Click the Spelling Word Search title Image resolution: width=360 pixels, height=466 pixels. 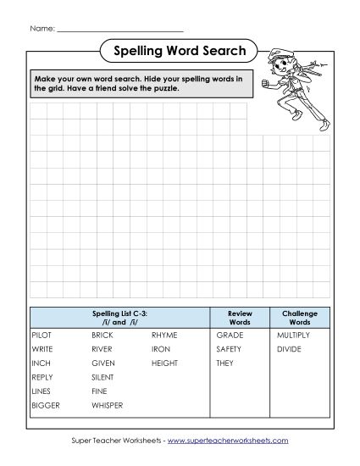click(x=179, y=52)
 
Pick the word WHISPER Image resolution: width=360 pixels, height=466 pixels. click(x=108, y=406)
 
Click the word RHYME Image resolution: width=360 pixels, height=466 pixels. click(x=164, y=336)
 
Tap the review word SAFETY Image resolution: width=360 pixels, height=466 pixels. click(x=229, y=349)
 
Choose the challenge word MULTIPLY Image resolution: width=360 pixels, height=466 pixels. click(x=293, y=336)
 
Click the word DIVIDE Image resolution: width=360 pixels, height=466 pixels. click(x=289, y=349)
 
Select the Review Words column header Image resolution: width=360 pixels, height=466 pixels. click(x=241, y=318)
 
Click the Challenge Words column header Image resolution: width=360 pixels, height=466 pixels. click(x=300, y=318)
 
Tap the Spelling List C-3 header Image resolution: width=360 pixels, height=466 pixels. click(x=119, y=318)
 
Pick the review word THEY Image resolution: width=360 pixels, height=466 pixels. click(x=224, y=363)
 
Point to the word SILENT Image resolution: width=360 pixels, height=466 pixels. click(x=102, y=377)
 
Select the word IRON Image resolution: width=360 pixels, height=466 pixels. click(x=161, y=349)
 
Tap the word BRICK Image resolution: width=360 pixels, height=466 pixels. click(x=102, y=336)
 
